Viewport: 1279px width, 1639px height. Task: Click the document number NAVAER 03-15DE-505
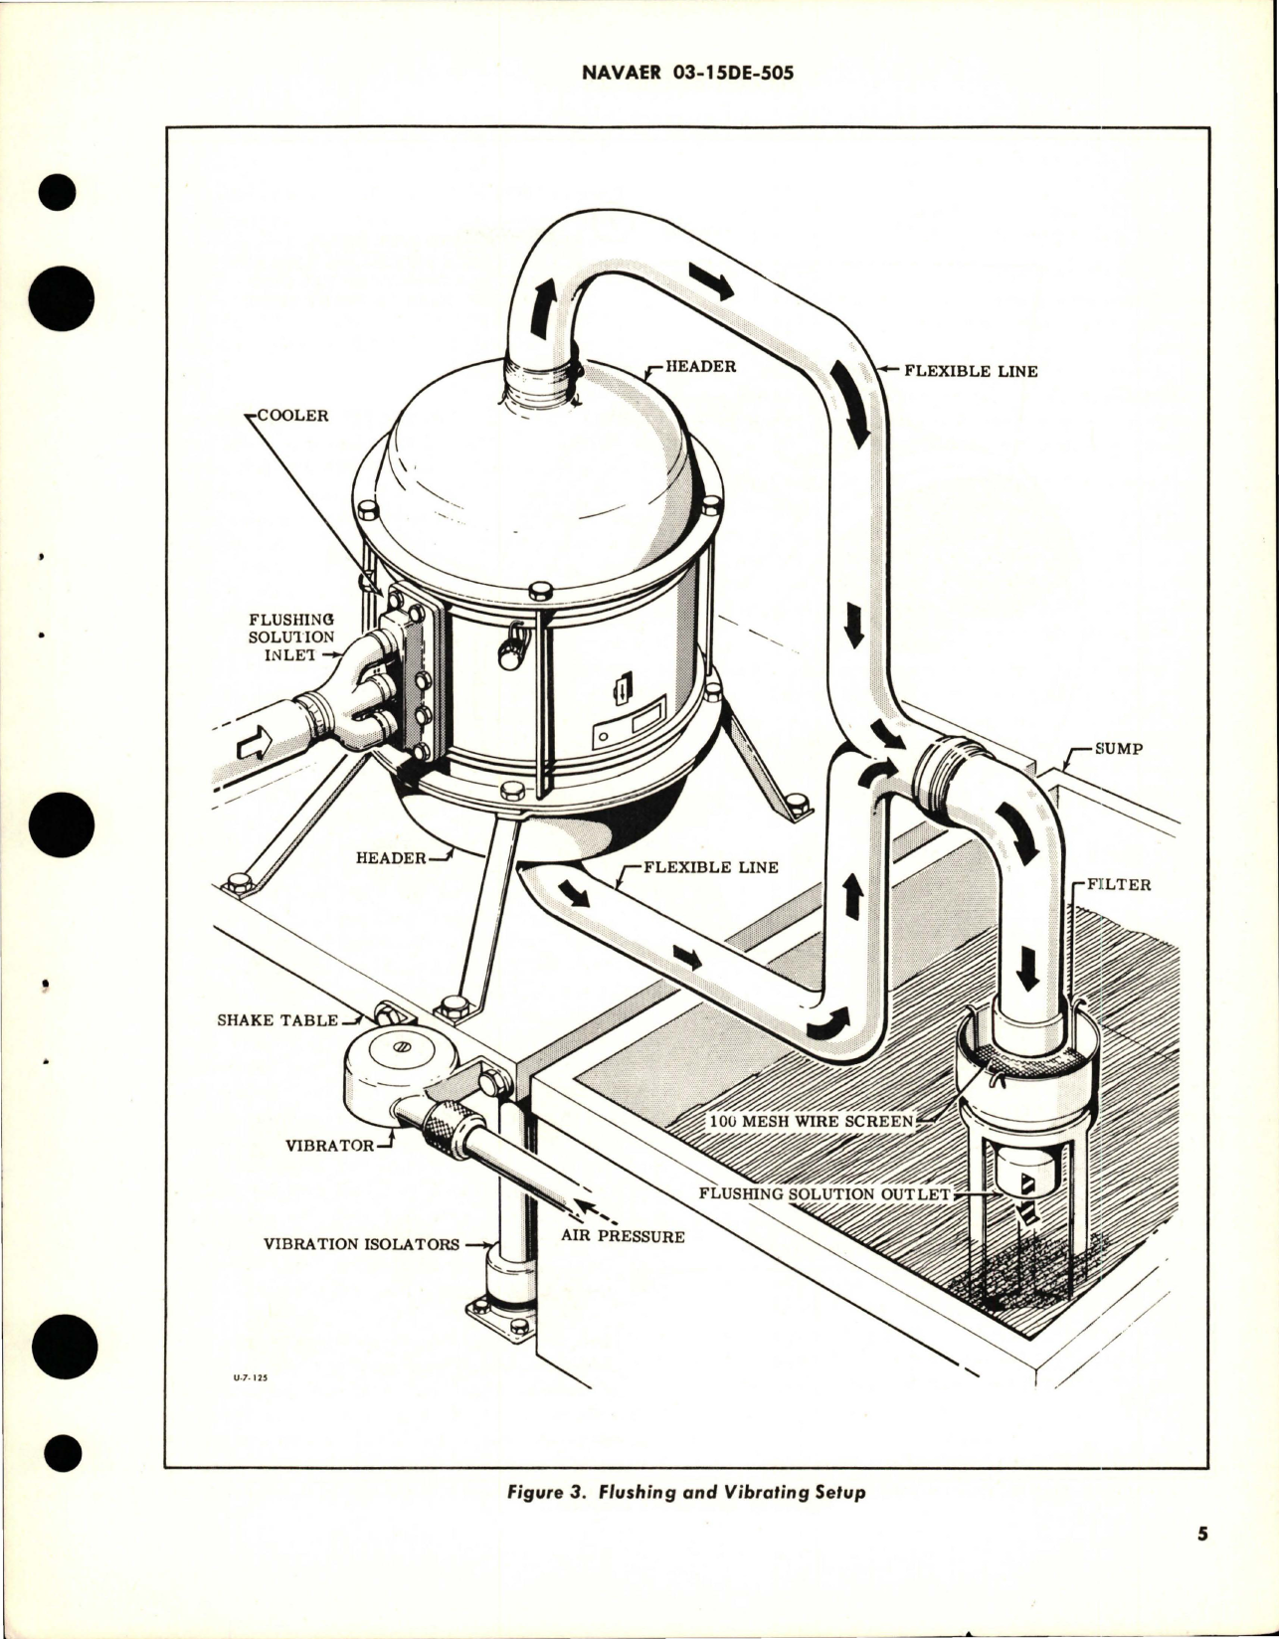[x=639, y=73]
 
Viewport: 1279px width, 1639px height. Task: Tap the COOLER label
[x=292, y=416]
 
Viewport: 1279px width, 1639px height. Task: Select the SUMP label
[x=1118, y=749]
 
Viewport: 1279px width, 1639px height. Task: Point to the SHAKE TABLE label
[x=276, y=1020]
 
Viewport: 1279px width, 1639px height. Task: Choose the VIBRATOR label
[x=328, y=1145]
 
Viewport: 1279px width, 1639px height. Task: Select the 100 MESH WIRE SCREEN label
[x=811, y=1121]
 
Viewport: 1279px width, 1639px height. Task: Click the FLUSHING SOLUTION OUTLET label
[x=825, y=1193]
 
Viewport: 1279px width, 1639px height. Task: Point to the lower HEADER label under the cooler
[x=391, y=857]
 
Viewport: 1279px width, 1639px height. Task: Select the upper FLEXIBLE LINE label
[x=970, y=371]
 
